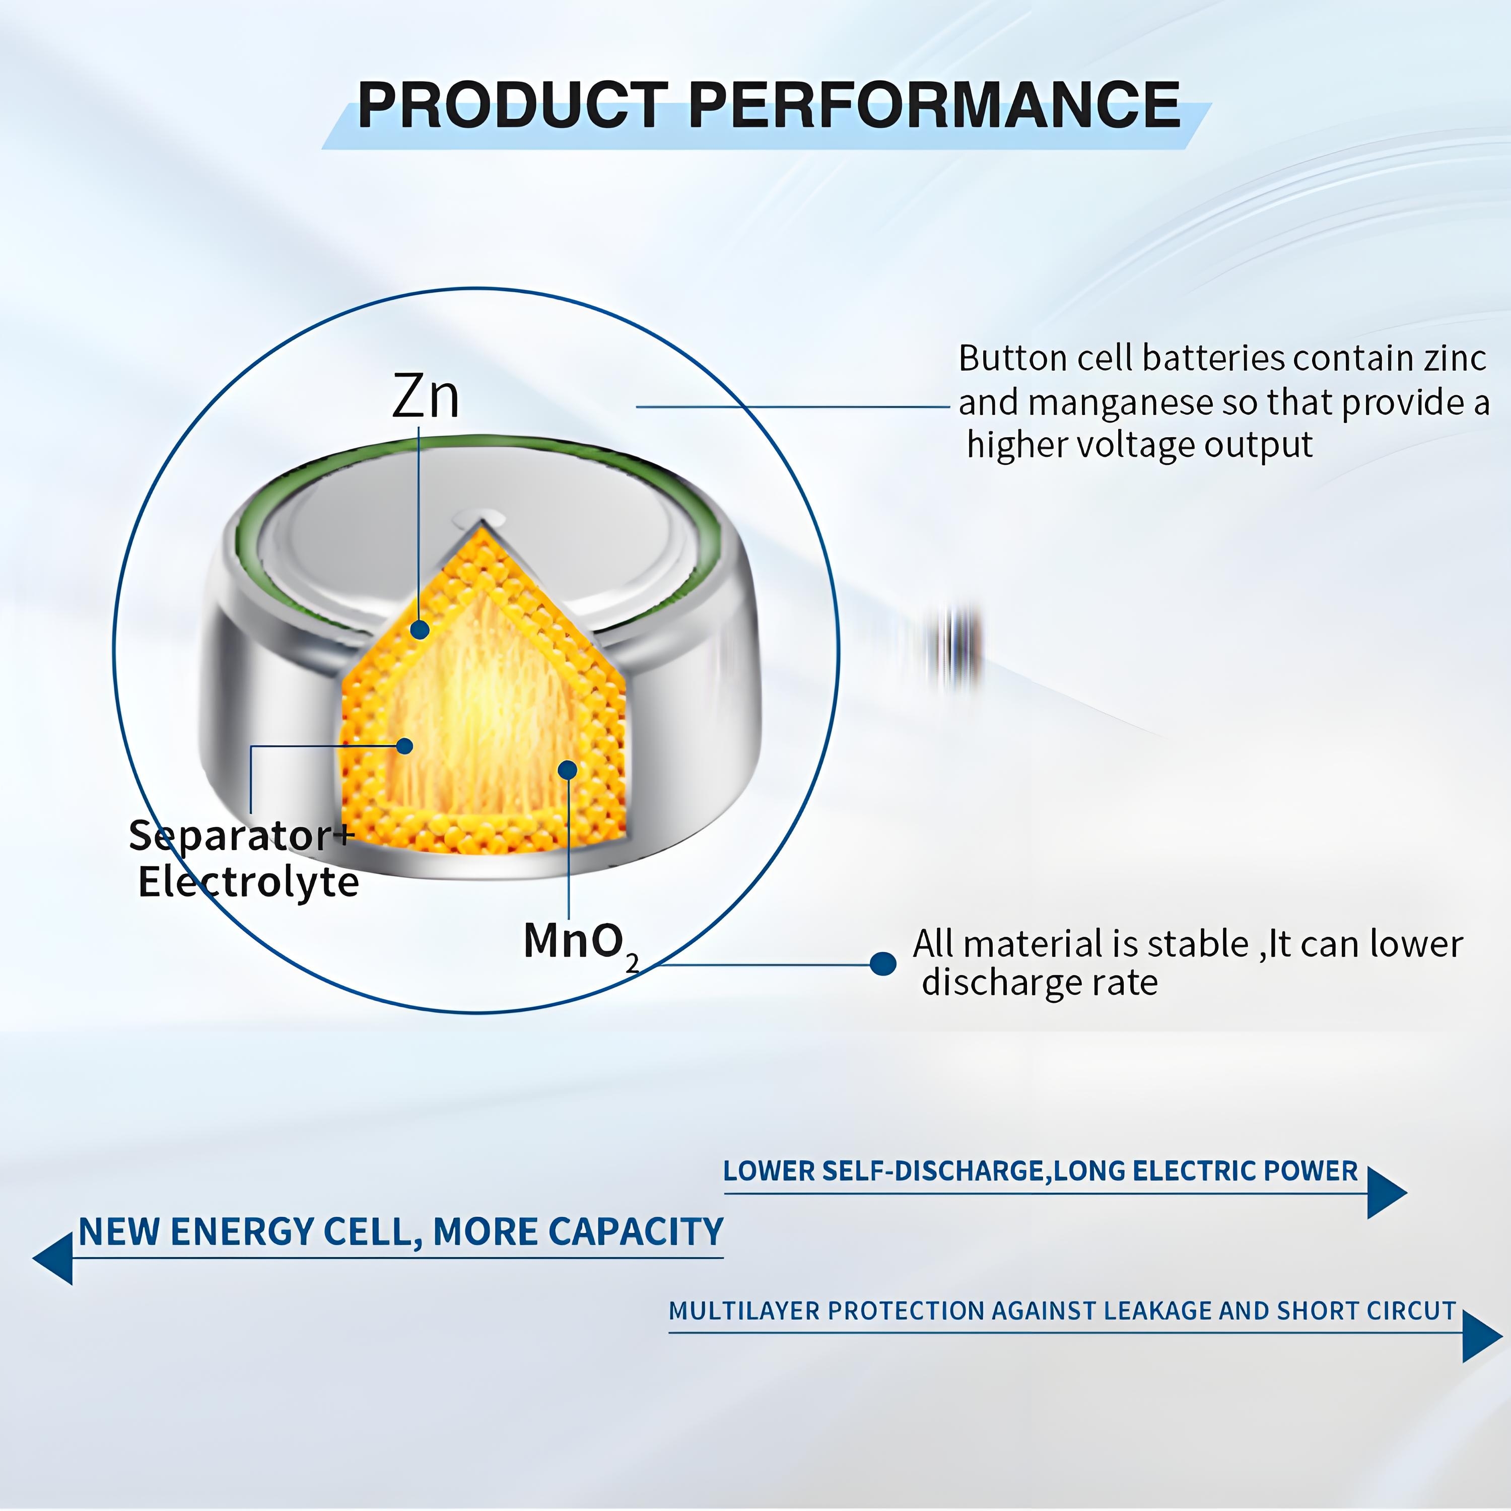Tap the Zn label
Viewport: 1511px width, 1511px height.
426,396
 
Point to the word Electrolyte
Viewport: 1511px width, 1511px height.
249,882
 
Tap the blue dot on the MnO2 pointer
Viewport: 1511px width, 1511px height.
568,770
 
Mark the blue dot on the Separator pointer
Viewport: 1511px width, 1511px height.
404,746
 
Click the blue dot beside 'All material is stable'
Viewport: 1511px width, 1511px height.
883,964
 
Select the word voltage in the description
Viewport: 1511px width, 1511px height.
1135,445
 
